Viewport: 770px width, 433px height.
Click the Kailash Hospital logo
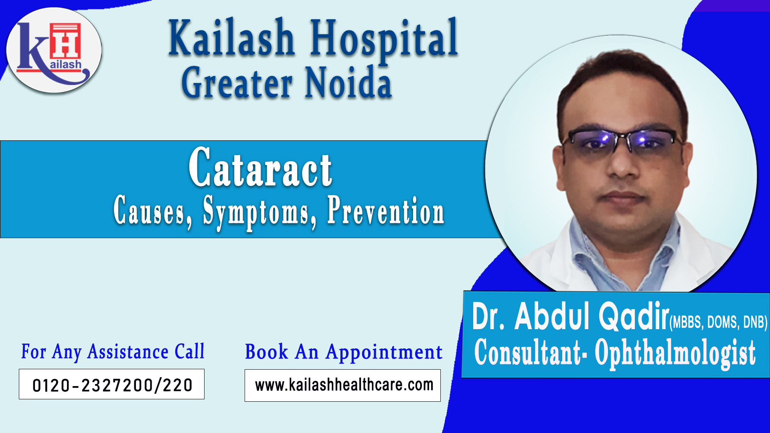click(54, 51)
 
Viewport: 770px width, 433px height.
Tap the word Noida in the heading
click(348, 83)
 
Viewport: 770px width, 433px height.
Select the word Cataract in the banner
click(261, 167)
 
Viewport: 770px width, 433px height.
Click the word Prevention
click(386, 210)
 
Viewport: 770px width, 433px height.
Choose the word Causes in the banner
click(152, 210)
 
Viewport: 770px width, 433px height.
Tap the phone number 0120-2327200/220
click(112, 385)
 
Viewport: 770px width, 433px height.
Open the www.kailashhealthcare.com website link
click(344, 385)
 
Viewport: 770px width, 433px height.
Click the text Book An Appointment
click(344, 352)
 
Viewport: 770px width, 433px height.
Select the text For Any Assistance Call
click(113, 352)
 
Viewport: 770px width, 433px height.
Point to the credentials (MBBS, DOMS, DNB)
click(718, 322)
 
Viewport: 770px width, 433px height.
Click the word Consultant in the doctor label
click(528, 352)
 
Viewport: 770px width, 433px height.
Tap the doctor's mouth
click(624, 197)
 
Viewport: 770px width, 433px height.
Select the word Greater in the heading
click(237, 83)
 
